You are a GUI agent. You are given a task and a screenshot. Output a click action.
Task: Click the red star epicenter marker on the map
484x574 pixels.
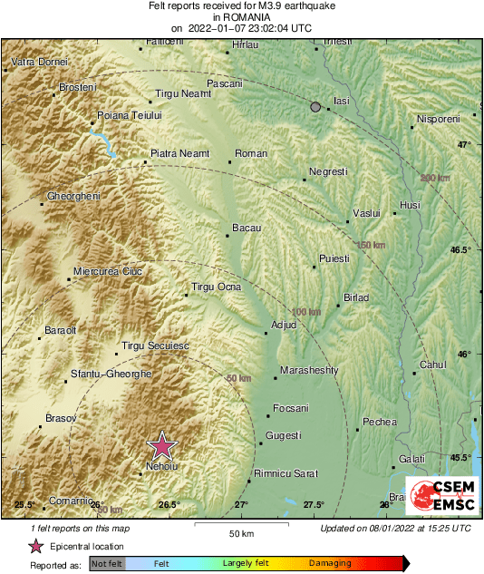(x=162, y=445)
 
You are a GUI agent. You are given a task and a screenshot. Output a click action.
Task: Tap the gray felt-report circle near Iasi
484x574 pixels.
(x=315, y=107)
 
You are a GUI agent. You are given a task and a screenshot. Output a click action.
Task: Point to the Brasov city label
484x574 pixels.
(x=60, y=418)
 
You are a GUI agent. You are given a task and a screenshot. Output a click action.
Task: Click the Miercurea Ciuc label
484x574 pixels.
(x=108, y=271)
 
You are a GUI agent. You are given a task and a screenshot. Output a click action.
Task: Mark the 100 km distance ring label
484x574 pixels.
(x=306, y=312)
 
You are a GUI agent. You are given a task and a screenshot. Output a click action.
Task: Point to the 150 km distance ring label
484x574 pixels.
(x=370, y=246)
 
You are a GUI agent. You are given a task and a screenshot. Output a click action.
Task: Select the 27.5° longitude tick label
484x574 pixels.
(x=314, y=504)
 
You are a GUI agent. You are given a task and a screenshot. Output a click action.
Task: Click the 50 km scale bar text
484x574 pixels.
(x=240, y=533)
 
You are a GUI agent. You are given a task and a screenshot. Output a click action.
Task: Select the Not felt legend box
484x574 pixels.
(x=107, y=564)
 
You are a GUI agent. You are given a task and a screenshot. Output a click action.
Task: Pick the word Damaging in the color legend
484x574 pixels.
(x=330, y=564)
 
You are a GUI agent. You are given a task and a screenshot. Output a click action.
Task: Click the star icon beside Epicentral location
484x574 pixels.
(x=36, y=546)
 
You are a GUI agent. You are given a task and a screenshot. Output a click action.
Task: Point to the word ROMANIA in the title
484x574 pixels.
(x=241, y=16)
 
